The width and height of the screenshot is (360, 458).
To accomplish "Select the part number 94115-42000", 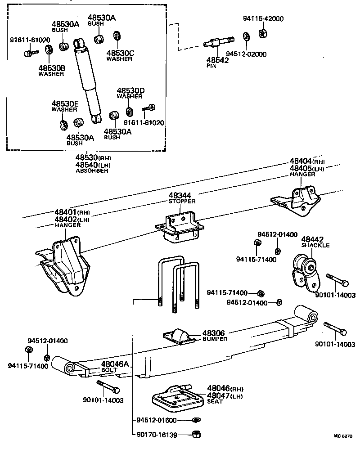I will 263,19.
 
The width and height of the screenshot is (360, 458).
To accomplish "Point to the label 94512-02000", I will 246,54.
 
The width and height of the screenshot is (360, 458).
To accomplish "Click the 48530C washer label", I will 120,53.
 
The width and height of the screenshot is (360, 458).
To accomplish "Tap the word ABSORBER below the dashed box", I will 92,171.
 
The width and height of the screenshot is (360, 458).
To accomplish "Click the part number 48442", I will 312,239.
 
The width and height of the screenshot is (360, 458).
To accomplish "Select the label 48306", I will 213,332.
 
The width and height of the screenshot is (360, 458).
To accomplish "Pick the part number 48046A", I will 114,364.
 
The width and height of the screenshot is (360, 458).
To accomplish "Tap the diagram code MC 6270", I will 343,436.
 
